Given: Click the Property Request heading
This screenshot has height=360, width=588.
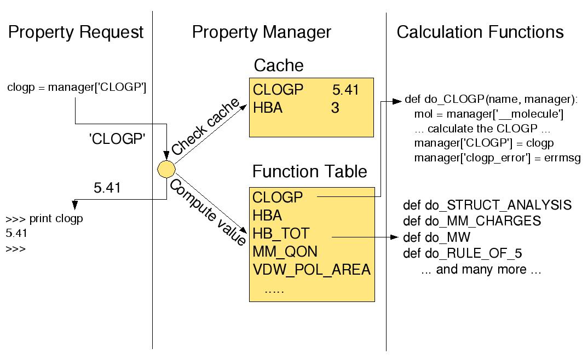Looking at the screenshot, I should tap(76, 32).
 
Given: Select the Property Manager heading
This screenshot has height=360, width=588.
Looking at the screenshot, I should tap(261, 32).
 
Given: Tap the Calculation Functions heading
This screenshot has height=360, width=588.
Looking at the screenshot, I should tap(480, 32).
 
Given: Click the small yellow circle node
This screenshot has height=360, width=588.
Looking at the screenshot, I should tap(166, 170).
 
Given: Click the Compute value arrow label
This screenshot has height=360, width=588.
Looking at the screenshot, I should tap(207, 210).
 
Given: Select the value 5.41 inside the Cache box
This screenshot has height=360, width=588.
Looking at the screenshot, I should tap(345, 90).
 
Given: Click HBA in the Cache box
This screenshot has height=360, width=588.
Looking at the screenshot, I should tap(268, 108).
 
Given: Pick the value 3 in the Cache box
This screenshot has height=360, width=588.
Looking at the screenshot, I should tap(335, 108).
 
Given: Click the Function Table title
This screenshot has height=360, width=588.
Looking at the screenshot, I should tap(309, 172).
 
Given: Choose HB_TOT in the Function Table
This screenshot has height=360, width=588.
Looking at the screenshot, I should tap(281, 234).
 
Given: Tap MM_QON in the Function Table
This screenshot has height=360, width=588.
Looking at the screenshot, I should tap(285, 252).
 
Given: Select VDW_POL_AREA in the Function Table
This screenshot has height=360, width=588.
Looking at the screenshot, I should tap(312, 270).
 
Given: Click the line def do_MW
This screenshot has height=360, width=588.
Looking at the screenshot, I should tap(437, 237).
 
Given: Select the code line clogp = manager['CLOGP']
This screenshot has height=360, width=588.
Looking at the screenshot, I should tap(77, 87).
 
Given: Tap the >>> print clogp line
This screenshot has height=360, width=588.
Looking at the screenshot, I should tap(44, 219).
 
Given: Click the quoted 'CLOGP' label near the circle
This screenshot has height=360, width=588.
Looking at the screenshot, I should tap(117, 140).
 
